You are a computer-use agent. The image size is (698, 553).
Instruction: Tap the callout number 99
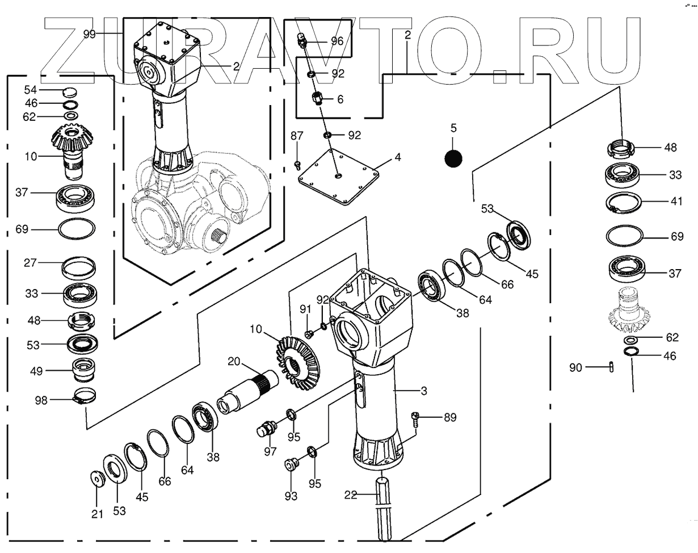[x=90, y=33]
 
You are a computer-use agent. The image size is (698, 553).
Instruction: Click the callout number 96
[x=337, y=41]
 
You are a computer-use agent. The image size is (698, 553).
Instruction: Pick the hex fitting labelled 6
[x=318, y=99]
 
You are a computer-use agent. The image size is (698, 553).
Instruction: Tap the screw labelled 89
[x=415, y=419]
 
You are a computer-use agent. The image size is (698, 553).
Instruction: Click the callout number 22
[x=351, y=495]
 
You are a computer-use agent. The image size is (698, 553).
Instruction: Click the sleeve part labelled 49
[x=83, y=370]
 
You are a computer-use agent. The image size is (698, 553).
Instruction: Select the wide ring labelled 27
[x=78, y=266]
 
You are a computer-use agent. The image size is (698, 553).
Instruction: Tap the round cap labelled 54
[x=68, y=90]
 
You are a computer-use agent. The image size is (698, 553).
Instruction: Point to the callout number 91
[x=306, y=309]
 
